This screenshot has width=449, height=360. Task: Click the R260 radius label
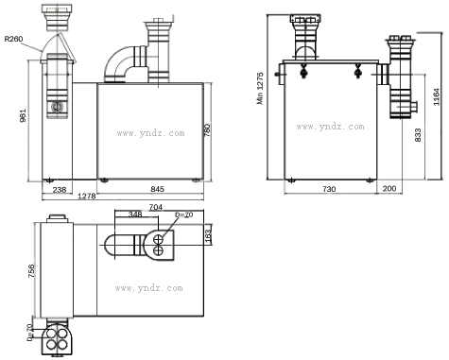pyautogui.click(x=13, y=39)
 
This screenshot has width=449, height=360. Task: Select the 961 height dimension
pyautogui.click(x=23, y=115)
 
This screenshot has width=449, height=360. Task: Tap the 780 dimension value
pyautogui.click(x=207, y=130)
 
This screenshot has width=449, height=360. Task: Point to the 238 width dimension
pyautogui.click(x=60, y=190)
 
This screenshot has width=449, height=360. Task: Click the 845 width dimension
pyautogui.click(x=157, y=189)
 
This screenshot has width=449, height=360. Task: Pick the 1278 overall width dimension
pyautogui.click(x=87, y=196)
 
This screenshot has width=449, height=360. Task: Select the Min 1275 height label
pyautogui.click(x=260, y=88)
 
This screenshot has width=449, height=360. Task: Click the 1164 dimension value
pyautogui.click(x=437, y=97)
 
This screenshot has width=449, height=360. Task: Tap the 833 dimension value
pyautogui.click(x=418, y=135)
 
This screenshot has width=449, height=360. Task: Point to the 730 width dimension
pyautogui.click(x=329, y=189)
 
